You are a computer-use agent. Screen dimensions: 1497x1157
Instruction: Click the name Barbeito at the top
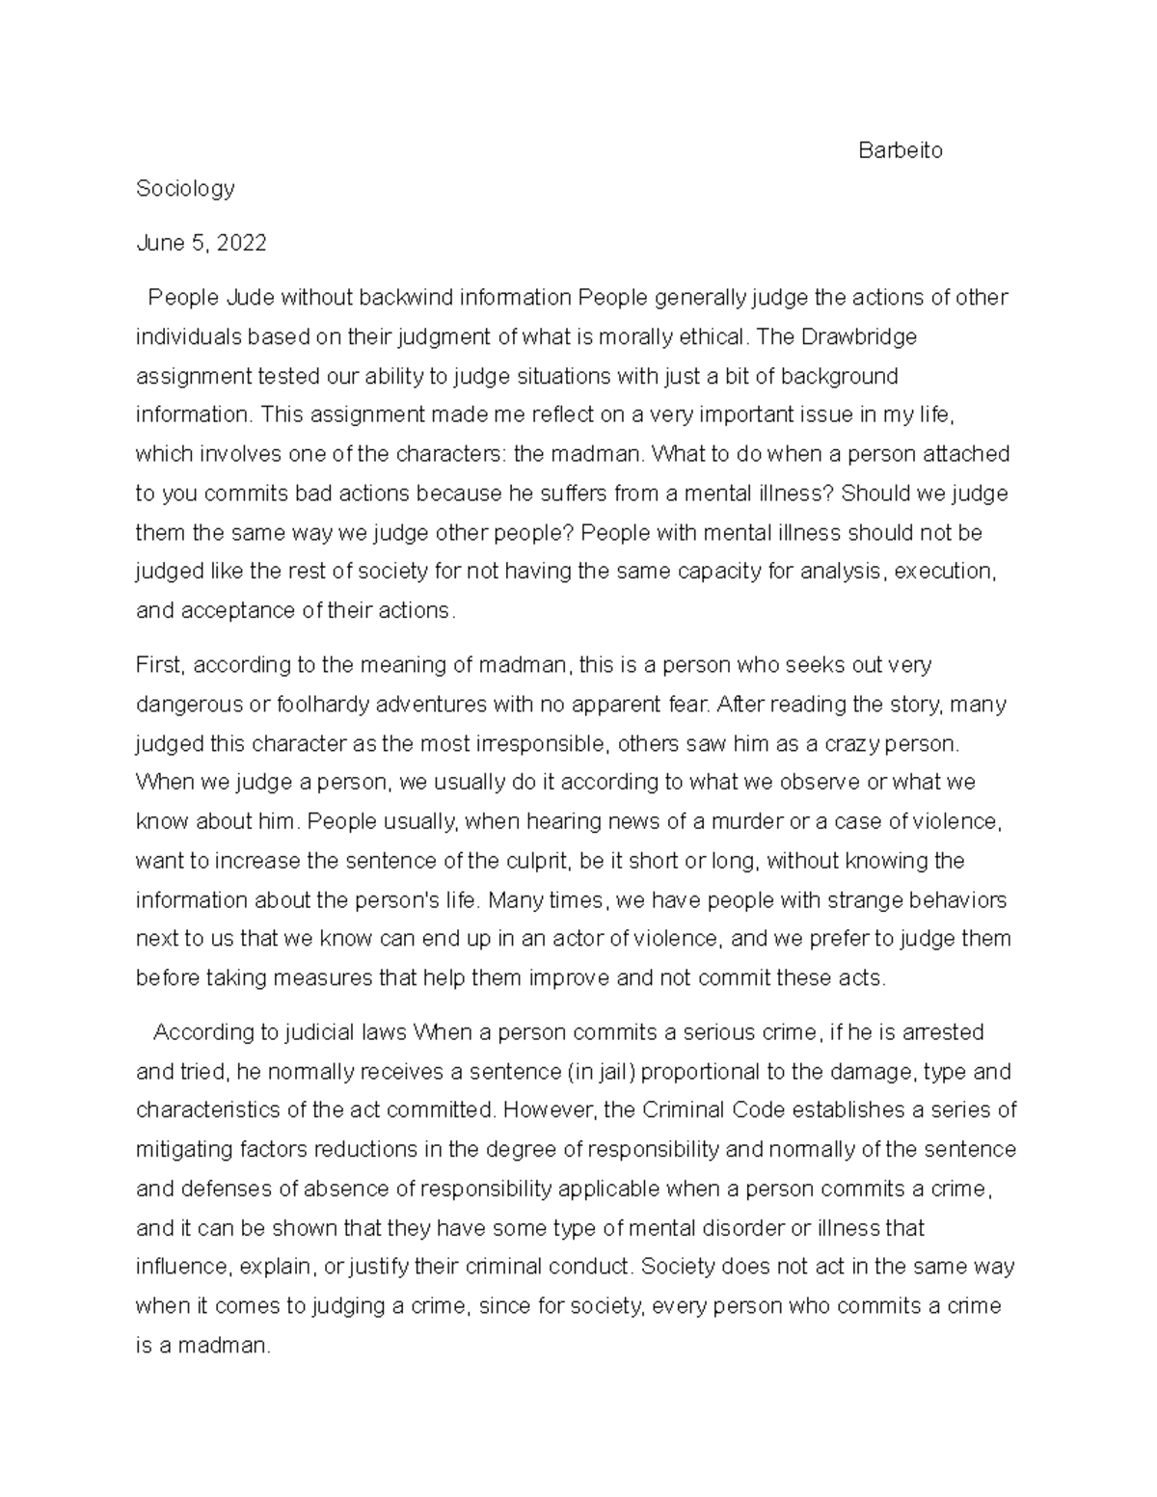click(x=900, y=150)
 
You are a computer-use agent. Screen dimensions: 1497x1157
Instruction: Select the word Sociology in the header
click(x=185, y=189)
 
